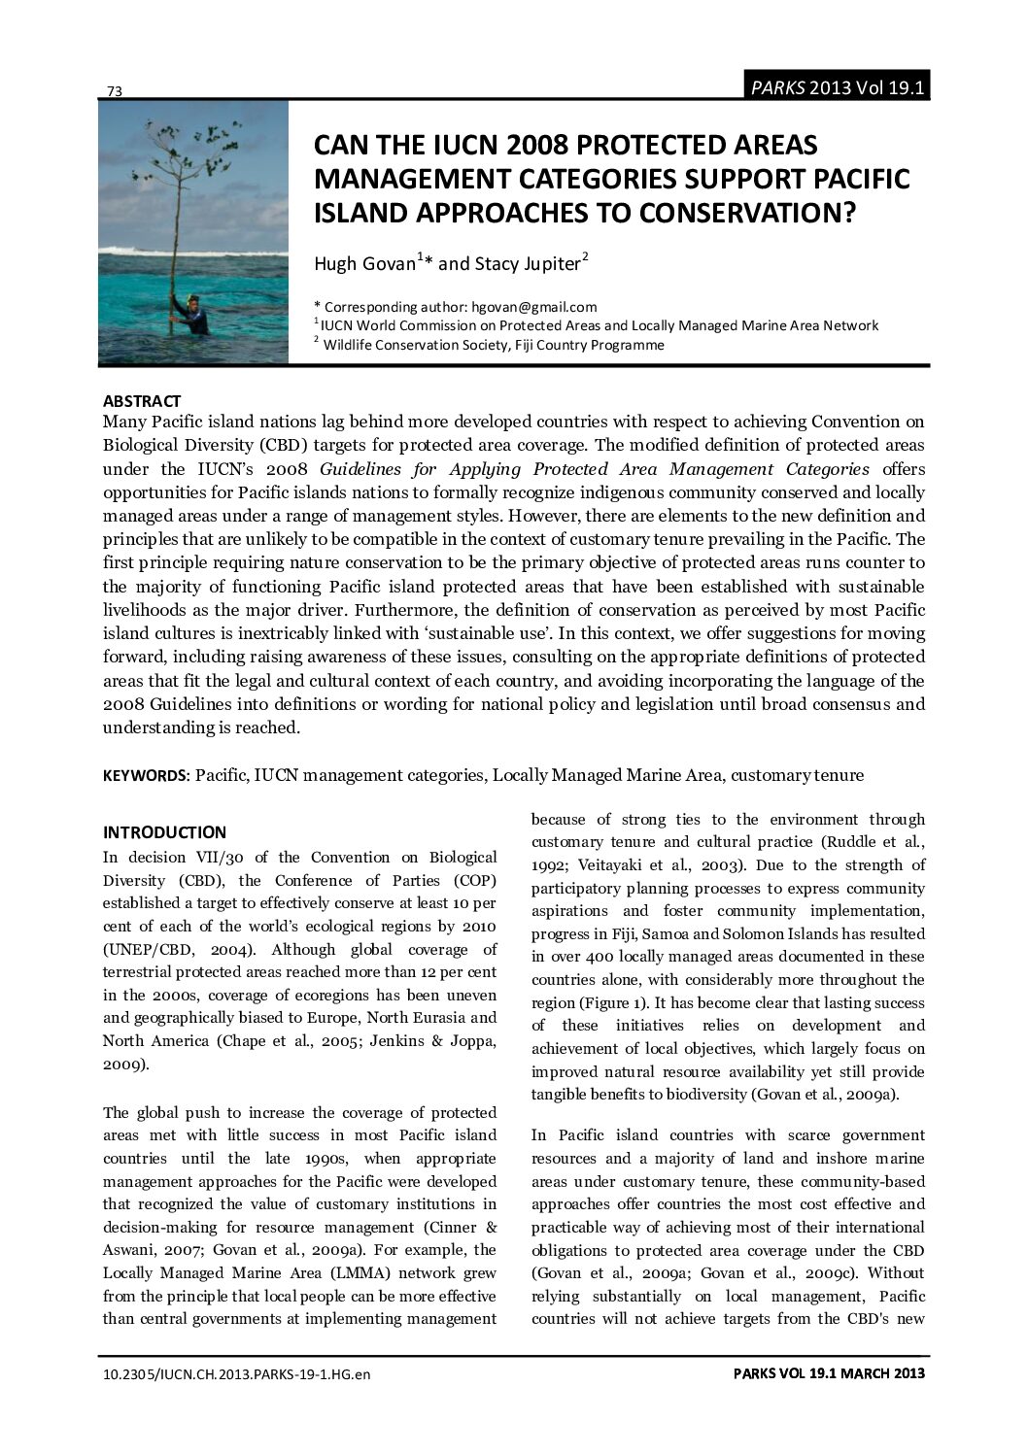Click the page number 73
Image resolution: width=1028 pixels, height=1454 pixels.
coord(114,91)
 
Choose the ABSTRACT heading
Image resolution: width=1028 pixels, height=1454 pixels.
coord(142,401)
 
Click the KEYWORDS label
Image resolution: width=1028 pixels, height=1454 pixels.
coord(146,775)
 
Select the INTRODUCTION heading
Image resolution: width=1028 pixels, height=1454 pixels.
coord(164,832)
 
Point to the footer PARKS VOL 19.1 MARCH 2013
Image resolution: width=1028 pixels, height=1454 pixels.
coord(827,1373)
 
